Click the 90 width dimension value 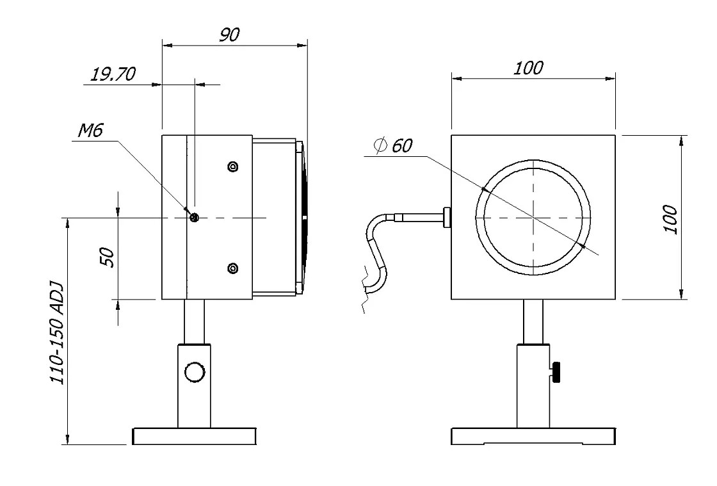229,35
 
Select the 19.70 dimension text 113,74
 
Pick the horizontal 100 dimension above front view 528,67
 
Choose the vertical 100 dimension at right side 670,219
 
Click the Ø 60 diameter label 394,145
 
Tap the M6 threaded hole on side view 195,218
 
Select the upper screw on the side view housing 233,167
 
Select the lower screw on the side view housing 233,267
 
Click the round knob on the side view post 194,372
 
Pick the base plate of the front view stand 533,437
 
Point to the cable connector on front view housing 446,218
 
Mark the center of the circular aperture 533,218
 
